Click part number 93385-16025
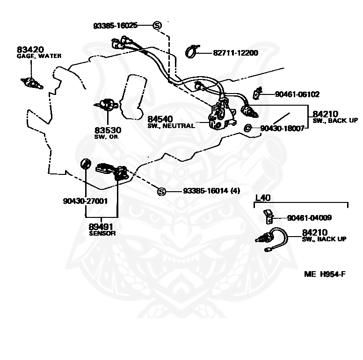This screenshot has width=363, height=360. (115, 25)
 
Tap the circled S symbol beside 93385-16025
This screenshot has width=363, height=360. (157, 25)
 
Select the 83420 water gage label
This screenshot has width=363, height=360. (30, 50)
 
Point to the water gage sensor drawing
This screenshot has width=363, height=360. (32, 84)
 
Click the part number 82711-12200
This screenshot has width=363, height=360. (235, 53)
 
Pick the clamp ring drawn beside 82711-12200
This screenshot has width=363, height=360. (192, 52)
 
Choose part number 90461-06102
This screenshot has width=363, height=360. (297, 94)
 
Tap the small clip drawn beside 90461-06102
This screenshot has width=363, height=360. (257, 93)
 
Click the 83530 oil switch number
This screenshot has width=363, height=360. (108, 130)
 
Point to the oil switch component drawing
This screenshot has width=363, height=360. (107, 105)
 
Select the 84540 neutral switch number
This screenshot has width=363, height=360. (160, 119)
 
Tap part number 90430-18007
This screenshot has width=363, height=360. (283, 128)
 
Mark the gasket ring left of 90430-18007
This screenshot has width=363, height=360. (248, 128)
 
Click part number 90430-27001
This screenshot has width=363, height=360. (85, 201)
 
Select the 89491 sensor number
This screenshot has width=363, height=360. (101, 227)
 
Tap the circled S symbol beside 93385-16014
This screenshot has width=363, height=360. (161, 192)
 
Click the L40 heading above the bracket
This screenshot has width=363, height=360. (263, 198)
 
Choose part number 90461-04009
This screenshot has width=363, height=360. (309, 218)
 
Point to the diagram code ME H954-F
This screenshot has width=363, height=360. (325, 274)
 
